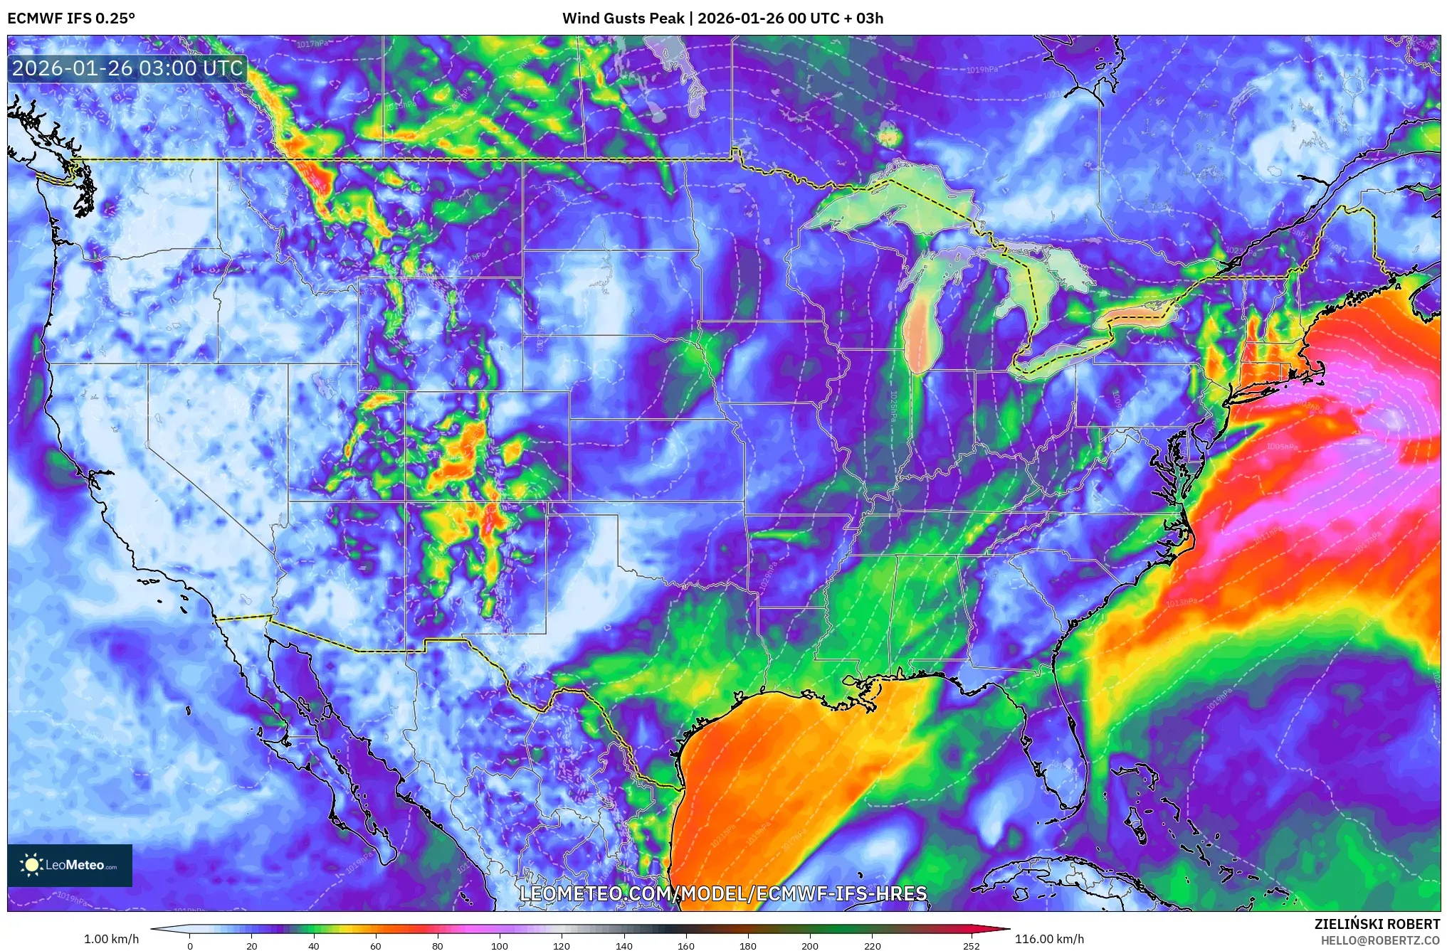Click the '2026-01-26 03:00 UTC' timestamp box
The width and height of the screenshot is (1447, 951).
tap(127, 68)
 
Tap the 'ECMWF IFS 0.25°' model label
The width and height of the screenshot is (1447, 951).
tap(71, 18)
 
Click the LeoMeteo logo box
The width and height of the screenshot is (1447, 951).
tap(70, 865)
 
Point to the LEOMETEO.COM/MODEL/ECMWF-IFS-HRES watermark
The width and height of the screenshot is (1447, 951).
tap(723, 893)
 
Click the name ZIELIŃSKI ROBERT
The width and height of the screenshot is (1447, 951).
tap(1377, 924)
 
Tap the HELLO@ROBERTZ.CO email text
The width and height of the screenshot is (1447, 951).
tap(1380, 940)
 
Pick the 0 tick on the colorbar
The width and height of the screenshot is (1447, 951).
tap(190, 946)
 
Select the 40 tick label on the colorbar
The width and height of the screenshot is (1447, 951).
tap(313, 946)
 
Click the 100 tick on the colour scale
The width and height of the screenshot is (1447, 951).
tap(500, 946)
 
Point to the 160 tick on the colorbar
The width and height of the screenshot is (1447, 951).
tap(686, 946)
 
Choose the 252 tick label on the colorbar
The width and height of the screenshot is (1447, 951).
tap(972, 946)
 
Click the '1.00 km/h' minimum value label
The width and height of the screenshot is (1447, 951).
tap(112, 939)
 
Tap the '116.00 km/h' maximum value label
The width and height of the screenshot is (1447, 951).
tap(1049, 939)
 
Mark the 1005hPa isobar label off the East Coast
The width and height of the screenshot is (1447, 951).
tap(1282, 447)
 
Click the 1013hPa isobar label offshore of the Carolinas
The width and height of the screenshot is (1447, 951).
tap(1181, 602)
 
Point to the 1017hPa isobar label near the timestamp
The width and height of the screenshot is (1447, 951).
tap(312, 44)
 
